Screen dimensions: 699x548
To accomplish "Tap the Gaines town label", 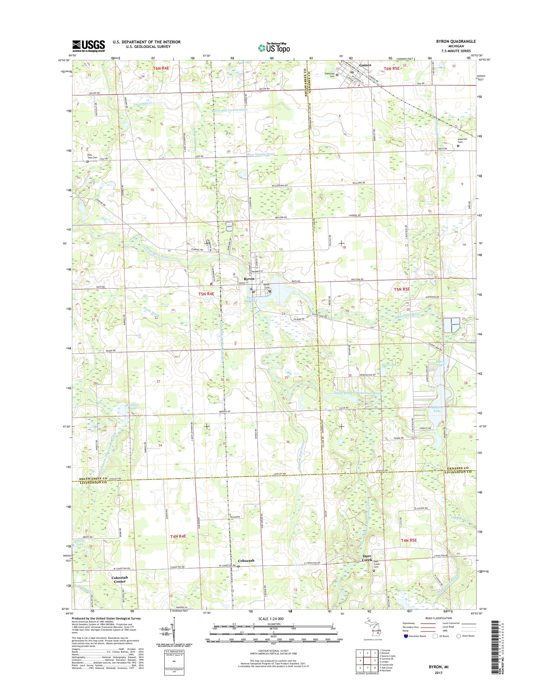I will [365, 65].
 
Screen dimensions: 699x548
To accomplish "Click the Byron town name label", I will [249, 279].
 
